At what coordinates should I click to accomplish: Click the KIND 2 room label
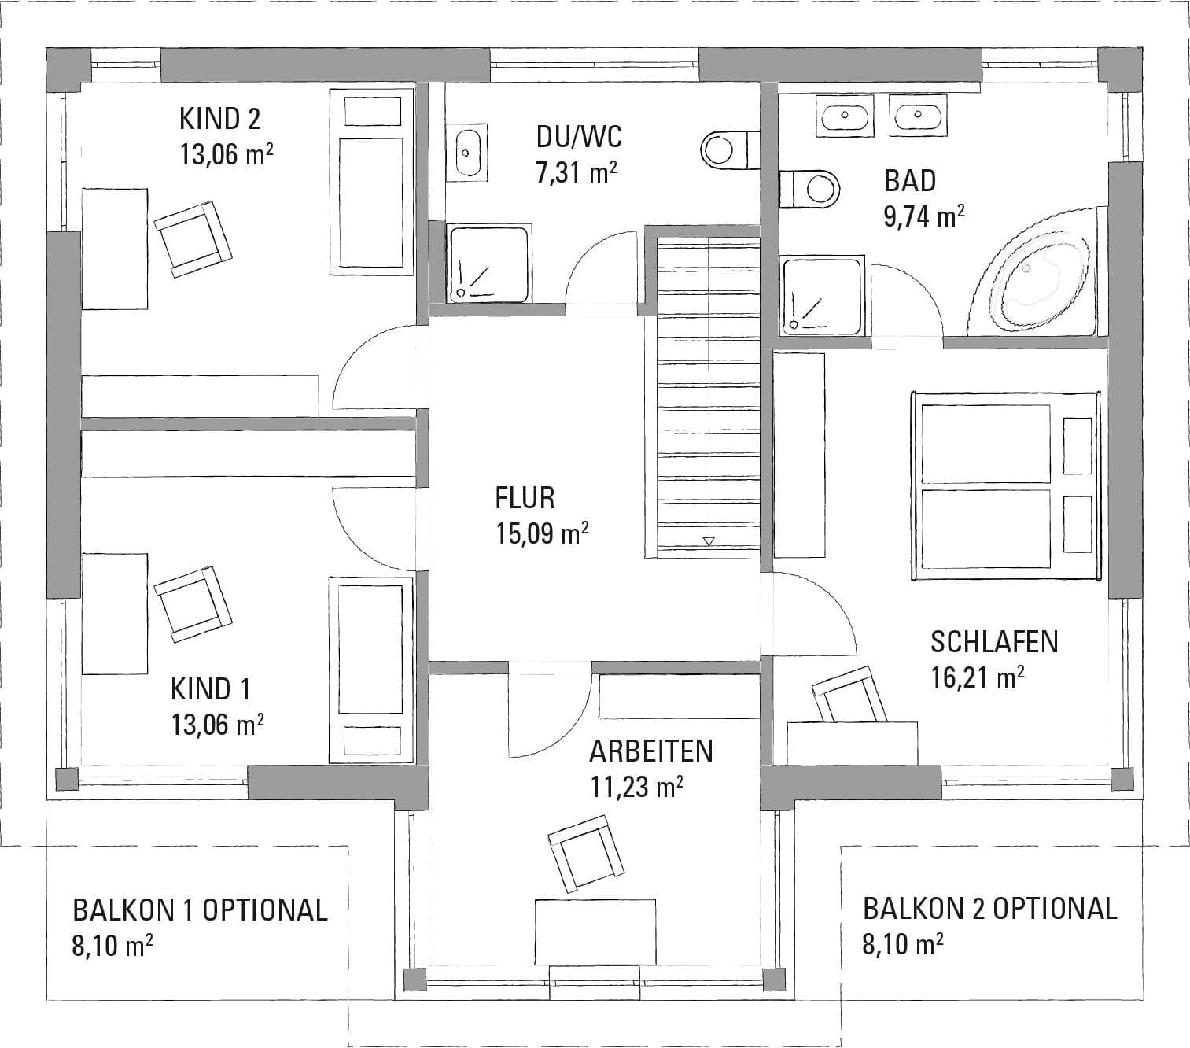click(219, 120)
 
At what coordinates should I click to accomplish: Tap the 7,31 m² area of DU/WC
click(577, 173)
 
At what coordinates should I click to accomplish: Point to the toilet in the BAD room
click(809, 190)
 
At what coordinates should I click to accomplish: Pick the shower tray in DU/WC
click(488, 263)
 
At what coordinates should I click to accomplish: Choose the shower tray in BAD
click(823, 296)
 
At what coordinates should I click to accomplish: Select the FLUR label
click(525, 499)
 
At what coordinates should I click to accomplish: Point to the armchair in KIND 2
click(193, 239)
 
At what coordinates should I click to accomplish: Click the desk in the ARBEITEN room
click(595, 932)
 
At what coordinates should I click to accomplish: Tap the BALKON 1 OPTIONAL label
click(200, 910)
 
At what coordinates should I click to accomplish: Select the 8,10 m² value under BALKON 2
click(903, 945)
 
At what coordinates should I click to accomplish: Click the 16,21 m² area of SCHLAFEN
click(978, 677)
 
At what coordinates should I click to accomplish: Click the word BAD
click(910, 181)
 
